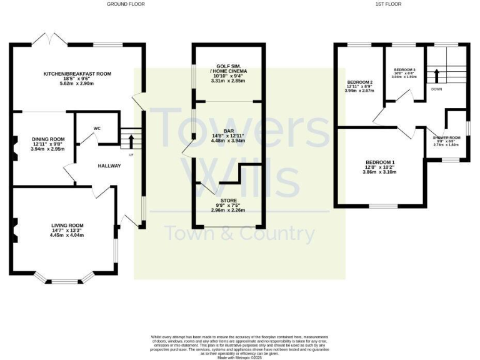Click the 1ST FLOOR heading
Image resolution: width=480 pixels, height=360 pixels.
click(x=388, y=4)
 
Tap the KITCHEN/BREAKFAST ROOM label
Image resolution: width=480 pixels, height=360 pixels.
click(x=77, y=74)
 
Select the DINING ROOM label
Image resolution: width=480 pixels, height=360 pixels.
click(x=48, y=139)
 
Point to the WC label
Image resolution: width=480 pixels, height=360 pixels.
click(x=97, y=128)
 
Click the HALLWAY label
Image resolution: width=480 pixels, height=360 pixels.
click(x=109, y=166)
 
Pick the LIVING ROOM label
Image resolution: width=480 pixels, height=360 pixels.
click(x=67, y=225)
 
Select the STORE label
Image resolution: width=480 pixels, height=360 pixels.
click(x=228, y=199)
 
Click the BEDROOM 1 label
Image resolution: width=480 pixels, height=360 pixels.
click(x=380, y=162)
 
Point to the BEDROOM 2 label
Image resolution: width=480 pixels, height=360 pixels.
click(x=359, y=82)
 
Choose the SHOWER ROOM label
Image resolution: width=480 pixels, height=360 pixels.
click(x=446, y=137)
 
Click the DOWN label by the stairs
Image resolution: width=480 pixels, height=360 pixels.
click(x=437, y=89)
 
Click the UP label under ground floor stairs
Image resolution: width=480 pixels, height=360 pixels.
click(x=131, y=154)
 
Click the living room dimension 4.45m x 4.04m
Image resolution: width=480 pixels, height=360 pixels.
click(x=67, y=236)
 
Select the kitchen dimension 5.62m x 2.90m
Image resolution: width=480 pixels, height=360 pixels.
click(x=77, y=84)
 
